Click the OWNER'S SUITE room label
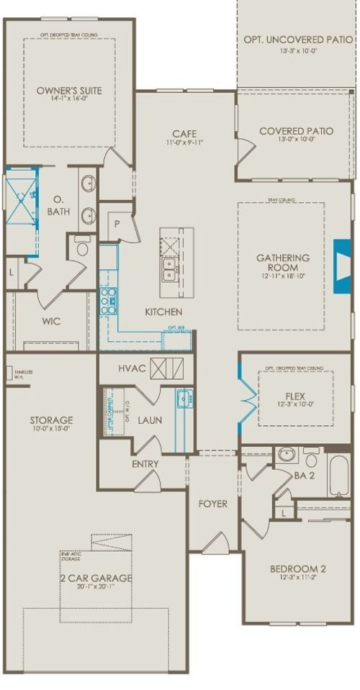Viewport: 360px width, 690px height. [x=69, y=91]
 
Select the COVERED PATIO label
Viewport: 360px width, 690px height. [x=296, y=131]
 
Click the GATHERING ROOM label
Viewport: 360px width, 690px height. [x=283, y=263]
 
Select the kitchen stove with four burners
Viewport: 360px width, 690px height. [x=107, y=301]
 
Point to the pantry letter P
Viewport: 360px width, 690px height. [x=116, y=224]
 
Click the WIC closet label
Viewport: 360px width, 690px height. [x=51, y=321]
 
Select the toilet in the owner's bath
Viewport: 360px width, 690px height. [x=81, y=248]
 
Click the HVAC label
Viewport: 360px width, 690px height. [x=132, y=368]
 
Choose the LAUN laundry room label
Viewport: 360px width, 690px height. [x=150, y=420]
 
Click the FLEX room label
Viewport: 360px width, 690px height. [x=296, y=395]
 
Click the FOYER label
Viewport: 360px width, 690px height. [x=212, y=504]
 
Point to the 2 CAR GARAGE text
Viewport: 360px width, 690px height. [x=96, y=578]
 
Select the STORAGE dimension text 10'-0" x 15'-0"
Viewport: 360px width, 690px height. [x=50, y=430]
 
